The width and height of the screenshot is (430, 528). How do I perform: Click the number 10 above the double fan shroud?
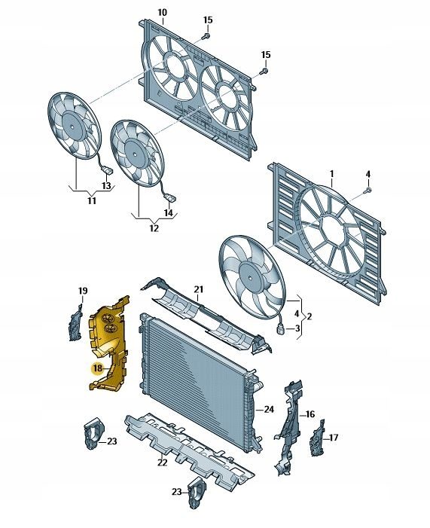[162, 13]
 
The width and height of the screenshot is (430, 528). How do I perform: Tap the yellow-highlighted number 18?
[98, 368]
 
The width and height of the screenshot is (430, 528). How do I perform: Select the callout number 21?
[199, 289]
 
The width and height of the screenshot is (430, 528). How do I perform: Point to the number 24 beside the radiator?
[269, 410]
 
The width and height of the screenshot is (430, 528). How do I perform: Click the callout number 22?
[163, 462]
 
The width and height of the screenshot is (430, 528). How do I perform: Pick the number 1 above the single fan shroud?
[331, 174]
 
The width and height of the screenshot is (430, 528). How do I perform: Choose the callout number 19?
[83, 291]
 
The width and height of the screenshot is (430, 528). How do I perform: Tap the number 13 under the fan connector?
[106, 185]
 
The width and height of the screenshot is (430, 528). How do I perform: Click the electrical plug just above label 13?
[108, 171]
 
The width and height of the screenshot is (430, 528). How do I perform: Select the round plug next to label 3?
[280, 329]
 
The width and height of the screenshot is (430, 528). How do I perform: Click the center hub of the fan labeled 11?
[72, 127]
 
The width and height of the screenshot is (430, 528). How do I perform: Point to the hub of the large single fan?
[251, 277]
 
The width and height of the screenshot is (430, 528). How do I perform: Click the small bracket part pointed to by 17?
[316, 438]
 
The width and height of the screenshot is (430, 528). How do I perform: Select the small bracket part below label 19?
[75, 322]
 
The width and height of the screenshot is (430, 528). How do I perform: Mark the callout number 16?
[310, 414]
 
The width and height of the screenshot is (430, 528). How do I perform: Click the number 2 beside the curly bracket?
[309, 316]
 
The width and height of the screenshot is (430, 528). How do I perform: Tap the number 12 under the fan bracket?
[154, 228]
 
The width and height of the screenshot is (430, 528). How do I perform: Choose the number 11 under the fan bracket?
[92, 200]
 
